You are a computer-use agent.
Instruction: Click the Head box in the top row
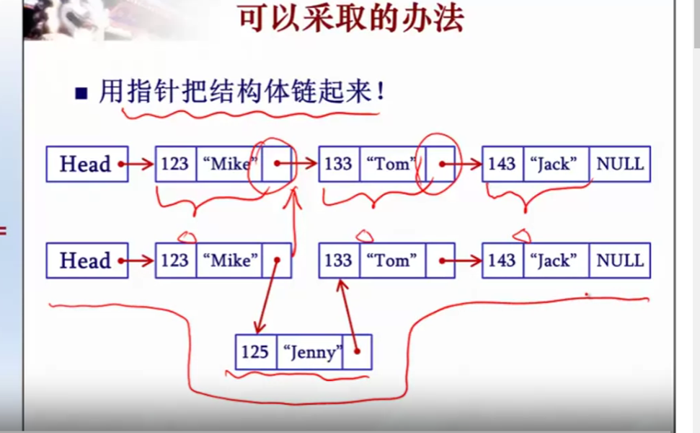86,165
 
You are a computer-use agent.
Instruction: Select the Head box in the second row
86,261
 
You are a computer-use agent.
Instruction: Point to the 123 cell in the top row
175,165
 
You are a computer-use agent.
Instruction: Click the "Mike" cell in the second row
229,261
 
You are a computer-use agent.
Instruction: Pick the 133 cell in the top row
339,165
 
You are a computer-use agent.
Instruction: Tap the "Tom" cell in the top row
391,165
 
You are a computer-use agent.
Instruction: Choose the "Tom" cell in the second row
392,261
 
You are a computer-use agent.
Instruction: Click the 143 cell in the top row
502,165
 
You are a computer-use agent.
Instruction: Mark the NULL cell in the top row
619,165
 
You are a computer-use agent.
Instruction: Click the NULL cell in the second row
619,261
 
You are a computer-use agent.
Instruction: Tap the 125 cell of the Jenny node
255,352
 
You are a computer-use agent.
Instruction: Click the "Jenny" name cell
310,352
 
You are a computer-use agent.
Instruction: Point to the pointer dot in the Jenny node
356,353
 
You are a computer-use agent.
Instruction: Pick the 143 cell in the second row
502,261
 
